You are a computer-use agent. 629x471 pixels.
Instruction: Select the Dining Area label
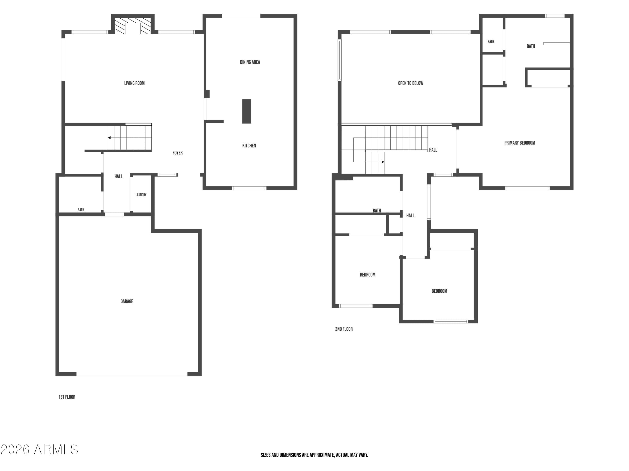250,62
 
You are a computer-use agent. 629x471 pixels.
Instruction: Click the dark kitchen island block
247,111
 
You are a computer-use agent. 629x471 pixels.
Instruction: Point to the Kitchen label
249,146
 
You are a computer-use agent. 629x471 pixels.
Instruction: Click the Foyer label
177,153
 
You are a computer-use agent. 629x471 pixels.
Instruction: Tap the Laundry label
141,195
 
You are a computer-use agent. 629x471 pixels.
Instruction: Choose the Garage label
127,301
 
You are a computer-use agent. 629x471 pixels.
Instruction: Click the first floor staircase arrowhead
109,138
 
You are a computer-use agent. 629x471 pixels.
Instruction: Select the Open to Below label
411,83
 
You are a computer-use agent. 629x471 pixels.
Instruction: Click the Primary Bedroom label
520,143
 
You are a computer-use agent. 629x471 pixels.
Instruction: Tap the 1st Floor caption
67,397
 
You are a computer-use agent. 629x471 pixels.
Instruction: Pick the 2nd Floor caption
344,329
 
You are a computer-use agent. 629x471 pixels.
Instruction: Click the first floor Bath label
81,210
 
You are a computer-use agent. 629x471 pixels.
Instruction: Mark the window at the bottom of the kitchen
249,188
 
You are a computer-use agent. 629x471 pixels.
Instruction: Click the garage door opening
132,374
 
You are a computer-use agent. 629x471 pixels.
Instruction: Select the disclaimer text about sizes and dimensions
314,455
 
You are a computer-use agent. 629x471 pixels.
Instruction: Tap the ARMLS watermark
40,449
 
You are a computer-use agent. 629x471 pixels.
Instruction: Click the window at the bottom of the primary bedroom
528,188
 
